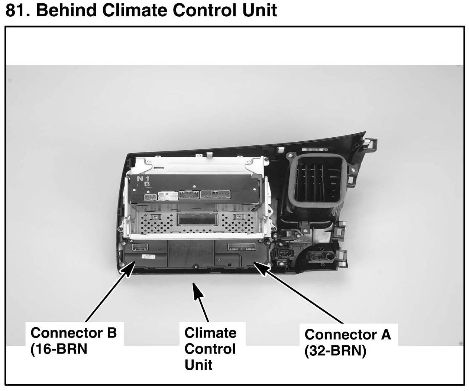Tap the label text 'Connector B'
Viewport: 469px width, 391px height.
click(74, 332)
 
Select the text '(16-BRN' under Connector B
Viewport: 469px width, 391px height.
click(58, 349)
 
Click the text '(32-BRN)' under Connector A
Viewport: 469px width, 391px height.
click(335, 351)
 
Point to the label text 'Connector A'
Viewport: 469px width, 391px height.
click(347, 335)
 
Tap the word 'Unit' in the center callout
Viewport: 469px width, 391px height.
click(198, 365)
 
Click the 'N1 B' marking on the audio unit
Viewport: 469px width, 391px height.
click(143, 181)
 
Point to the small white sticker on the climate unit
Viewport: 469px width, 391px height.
click(148, 256)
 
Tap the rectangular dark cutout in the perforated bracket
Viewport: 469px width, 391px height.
click(196, 219)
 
